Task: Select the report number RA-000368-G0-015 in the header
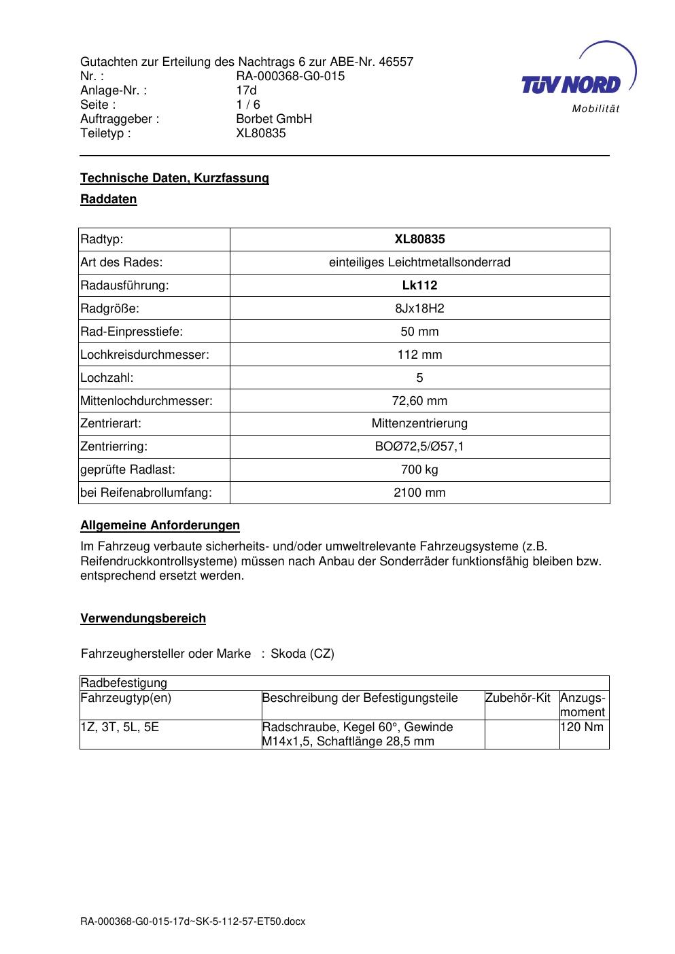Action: [290, 76]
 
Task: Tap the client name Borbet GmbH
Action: [274, 119]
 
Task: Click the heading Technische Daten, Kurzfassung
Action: [175, 178]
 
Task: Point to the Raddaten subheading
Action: [109, 199]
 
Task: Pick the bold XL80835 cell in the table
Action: [419, 239]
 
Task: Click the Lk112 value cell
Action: [419, 285]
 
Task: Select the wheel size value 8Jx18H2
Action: [419, 308]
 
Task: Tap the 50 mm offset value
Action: [419, 332]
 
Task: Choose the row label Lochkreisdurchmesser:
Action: [145, 355]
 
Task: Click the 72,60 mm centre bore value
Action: [419, 401]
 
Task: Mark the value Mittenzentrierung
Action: [419, 424]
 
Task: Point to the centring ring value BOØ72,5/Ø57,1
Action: [419, 447]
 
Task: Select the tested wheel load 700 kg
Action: [419, 470]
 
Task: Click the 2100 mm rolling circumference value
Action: [419, 493]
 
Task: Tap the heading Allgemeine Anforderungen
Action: [160, 525]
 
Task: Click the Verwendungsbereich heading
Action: [143, 618]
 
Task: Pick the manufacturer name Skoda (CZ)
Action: [302, 654]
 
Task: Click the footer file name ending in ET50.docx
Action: [193, 921]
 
